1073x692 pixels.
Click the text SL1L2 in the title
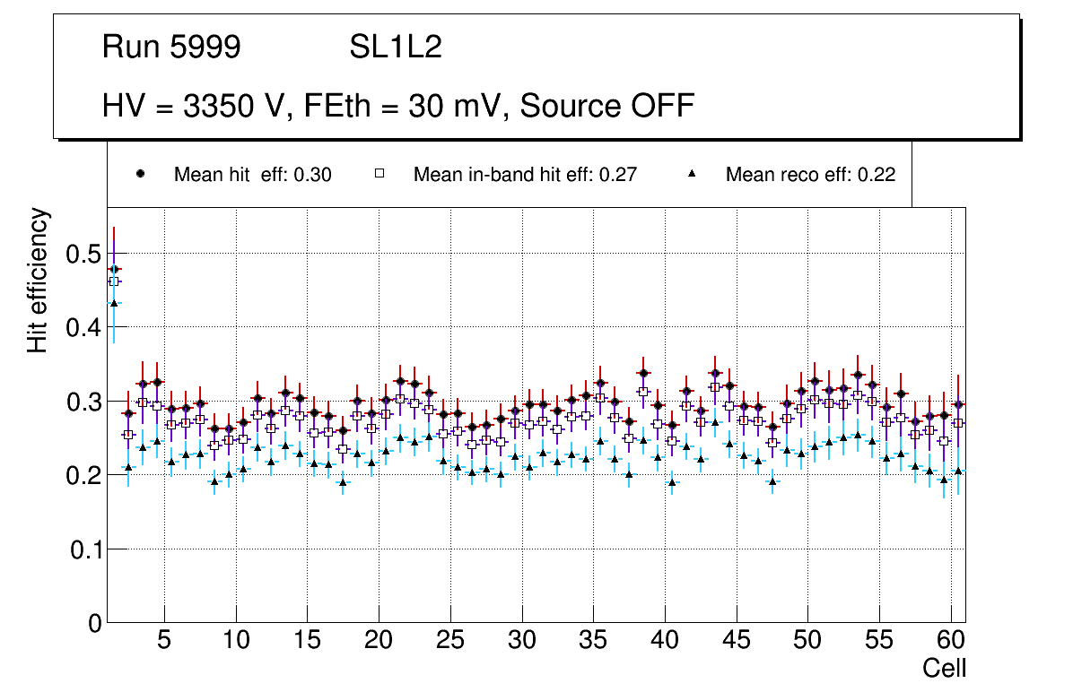pos(396,48)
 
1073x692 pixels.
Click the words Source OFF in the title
pos(607,106)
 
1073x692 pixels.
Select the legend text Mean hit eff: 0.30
pos(252,175)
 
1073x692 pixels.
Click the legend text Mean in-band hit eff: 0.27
pos(525,175)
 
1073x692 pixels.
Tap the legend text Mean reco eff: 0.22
pos(810,175)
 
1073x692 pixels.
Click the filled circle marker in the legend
pos(140,174)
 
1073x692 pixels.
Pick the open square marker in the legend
pos(379,174)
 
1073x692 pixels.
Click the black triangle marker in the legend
pos(692,174)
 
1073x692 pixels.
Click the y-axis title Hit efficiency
pos(38,281)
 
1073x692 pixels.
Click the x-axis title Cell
pos(945,668)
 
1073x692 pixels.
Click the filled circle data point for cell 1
pos(114,269)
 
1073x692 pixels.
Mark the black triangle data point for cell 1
pos(114,302)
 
